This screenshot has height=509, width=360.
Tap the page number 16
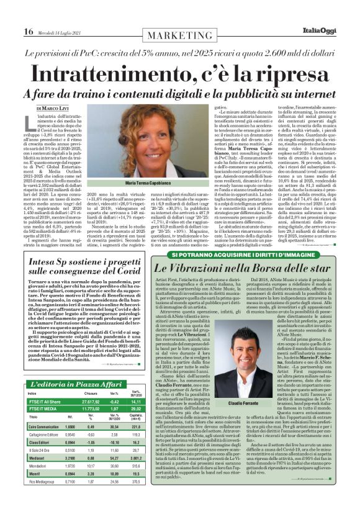click(x=29, y=32)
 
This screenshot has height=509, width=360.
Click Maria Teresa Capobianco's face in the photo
click(x=152, y=144)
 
